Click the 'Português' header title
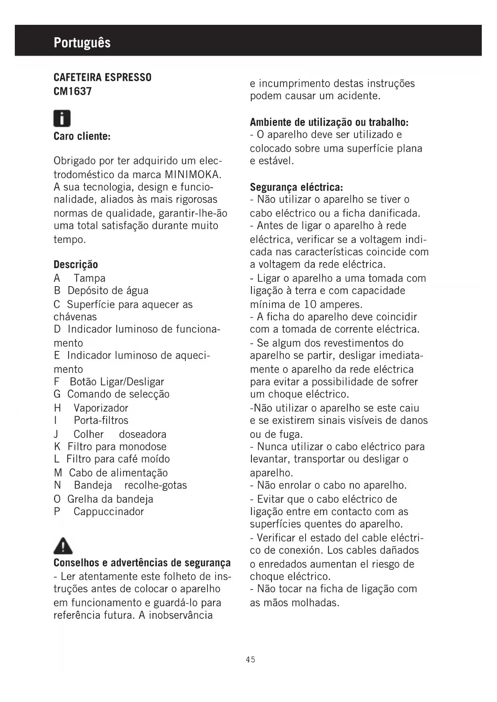[x=82, y=42]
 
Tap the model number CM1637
[x=72, y=91]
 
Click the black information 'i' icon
[x=62, y=118]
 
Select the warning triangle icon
[x=63, y=546]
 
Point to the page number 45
[x=251, y=659]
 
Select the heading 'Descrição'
[x=76, y=265]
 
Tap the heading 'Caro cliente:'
[x=82, y=136]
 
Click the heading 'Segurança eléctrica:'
[x=296, y=187]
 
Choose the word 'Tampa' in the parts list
[x=89, y=278]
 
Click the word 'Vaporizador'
[x=101, y=408]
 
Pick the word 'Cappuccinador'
[x=109, y=511]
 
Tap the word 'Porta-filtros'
[x=101, y=420]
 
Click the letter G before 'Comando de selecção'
[x=57, y=394]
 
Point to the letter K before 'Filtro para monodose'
[x=57, y=447]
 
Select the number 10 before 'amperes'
[x=310, y=305]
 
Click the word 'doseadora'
[x=143, y=434]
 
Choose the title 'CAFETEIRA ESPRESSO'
[x=103, y=77]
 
